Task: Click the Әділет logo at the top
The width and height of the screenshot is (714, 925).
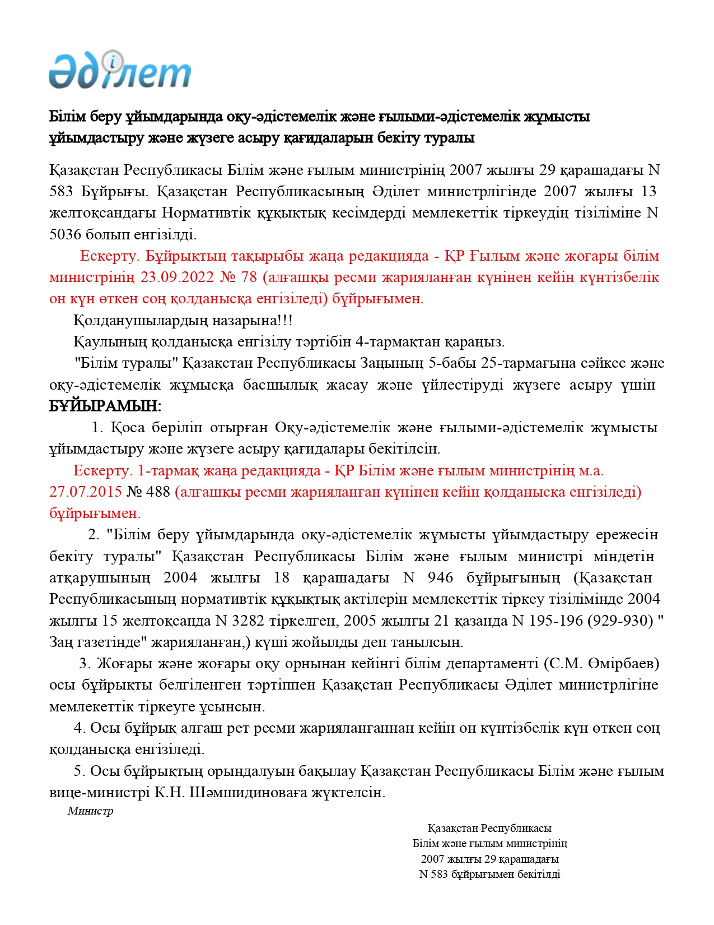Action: [120, 70]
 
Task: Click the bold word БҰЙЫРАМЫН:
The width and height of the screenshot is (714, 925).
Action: [105, 406]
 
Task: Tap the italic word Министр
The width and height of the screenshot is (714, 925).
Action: [90, 811]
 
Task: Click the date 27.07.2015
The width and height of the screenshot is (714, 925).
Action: [85, 492]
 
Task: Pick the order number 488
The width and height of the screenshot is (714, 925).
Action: [158, 492]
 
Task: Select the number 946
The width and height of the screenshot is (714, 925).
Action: [440, 577]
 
